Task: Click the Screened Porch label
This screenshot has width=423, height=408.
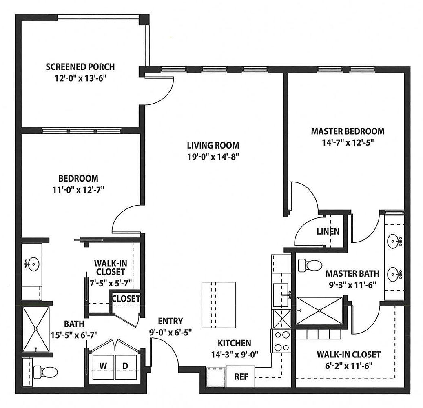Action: tap(80, 67)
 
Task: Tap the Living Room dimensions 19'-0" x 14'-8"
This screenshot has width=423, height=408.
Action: tap(213, 157)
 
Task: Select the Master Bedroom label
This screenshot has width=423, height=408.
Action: tap(348, 131)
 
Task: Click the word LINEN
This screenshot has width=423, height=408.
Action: tap(328, 231)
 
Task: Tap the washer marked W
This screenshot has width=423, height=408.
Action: tap(103, 367)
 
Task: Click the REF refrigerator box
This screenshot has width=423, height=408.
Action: tap(240, 377)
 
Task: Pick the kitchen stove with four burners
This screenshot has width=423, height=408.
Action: tap(281, 341)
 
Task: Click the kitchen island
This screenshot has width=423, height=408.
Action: tap(219, 305)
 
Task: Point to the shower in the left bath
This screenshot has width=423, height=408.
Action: tap(35, 329)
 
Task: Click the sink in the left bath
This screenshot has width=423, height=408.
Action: tap(33, 264)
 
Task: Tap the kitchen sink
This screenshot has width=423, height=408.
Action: tap(281, 295)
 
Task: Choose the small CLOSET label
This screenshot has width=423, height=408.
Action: tap(126, 299)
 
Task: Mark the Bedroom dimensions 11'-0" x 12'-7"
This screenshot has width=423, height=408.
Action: tap(78, 190)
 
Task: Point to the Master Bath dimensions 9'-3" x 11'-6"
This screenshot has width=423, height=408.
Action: tap(352, 285)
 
